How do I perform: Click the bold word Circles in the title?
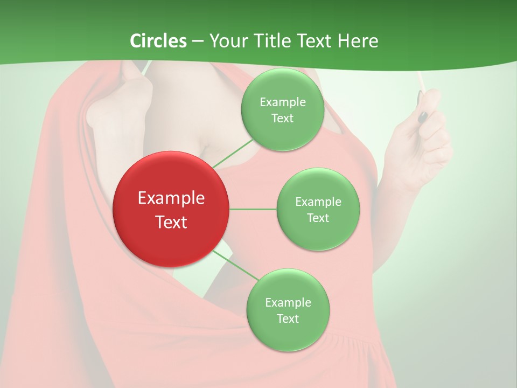[158, 41]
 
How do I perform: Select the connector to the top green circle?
[233, 153]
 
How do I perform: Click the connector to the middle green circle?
[253, 209]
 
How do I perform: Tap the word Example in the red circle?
[171, 198]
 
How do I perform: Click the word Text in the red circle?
[171, 222]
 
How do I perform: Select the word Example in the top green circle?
[282, 102]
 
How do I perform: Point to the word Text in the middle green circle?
[318, 218]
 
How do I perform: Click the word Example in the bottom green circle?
[288, 302]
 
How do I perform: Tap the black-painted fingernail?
[423, 116]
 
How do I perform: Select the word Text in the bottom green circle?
[288, 318]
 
